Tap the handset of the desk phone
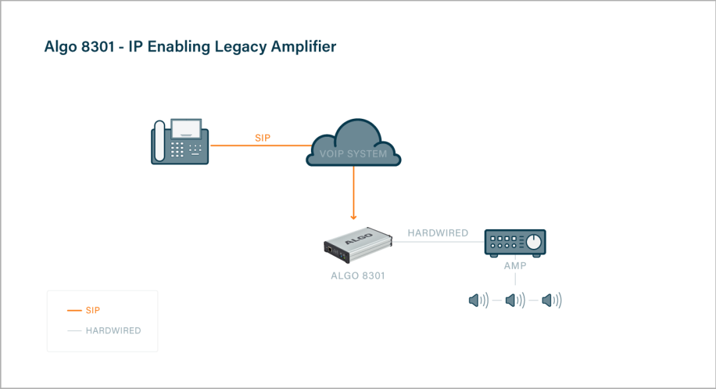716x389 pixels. tap(159, 141)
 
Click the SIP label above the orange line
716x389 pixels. tap(263, 138)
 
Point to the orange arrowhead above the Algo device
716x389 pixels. tap(353, 216)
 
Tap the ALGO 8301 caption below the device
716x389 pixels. tap(357, 275)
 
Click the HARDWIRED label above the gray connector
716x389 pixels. tap(438, 233)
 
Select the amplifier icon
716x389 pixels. tap(515, 243)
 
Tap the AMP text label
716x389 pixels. tap(515, 266)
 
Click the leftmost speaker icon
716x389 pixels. tap(478, 301)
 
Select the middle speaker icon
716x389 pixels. tap(515, 301)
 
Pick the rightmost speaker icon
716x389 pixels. tap(551, 301)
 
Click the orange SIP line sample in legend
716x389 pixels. tap(74, 310)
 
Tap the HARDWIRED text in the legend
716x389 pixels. tap(113, 331)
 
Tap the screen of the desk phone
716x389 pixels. tap(187, 127)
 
